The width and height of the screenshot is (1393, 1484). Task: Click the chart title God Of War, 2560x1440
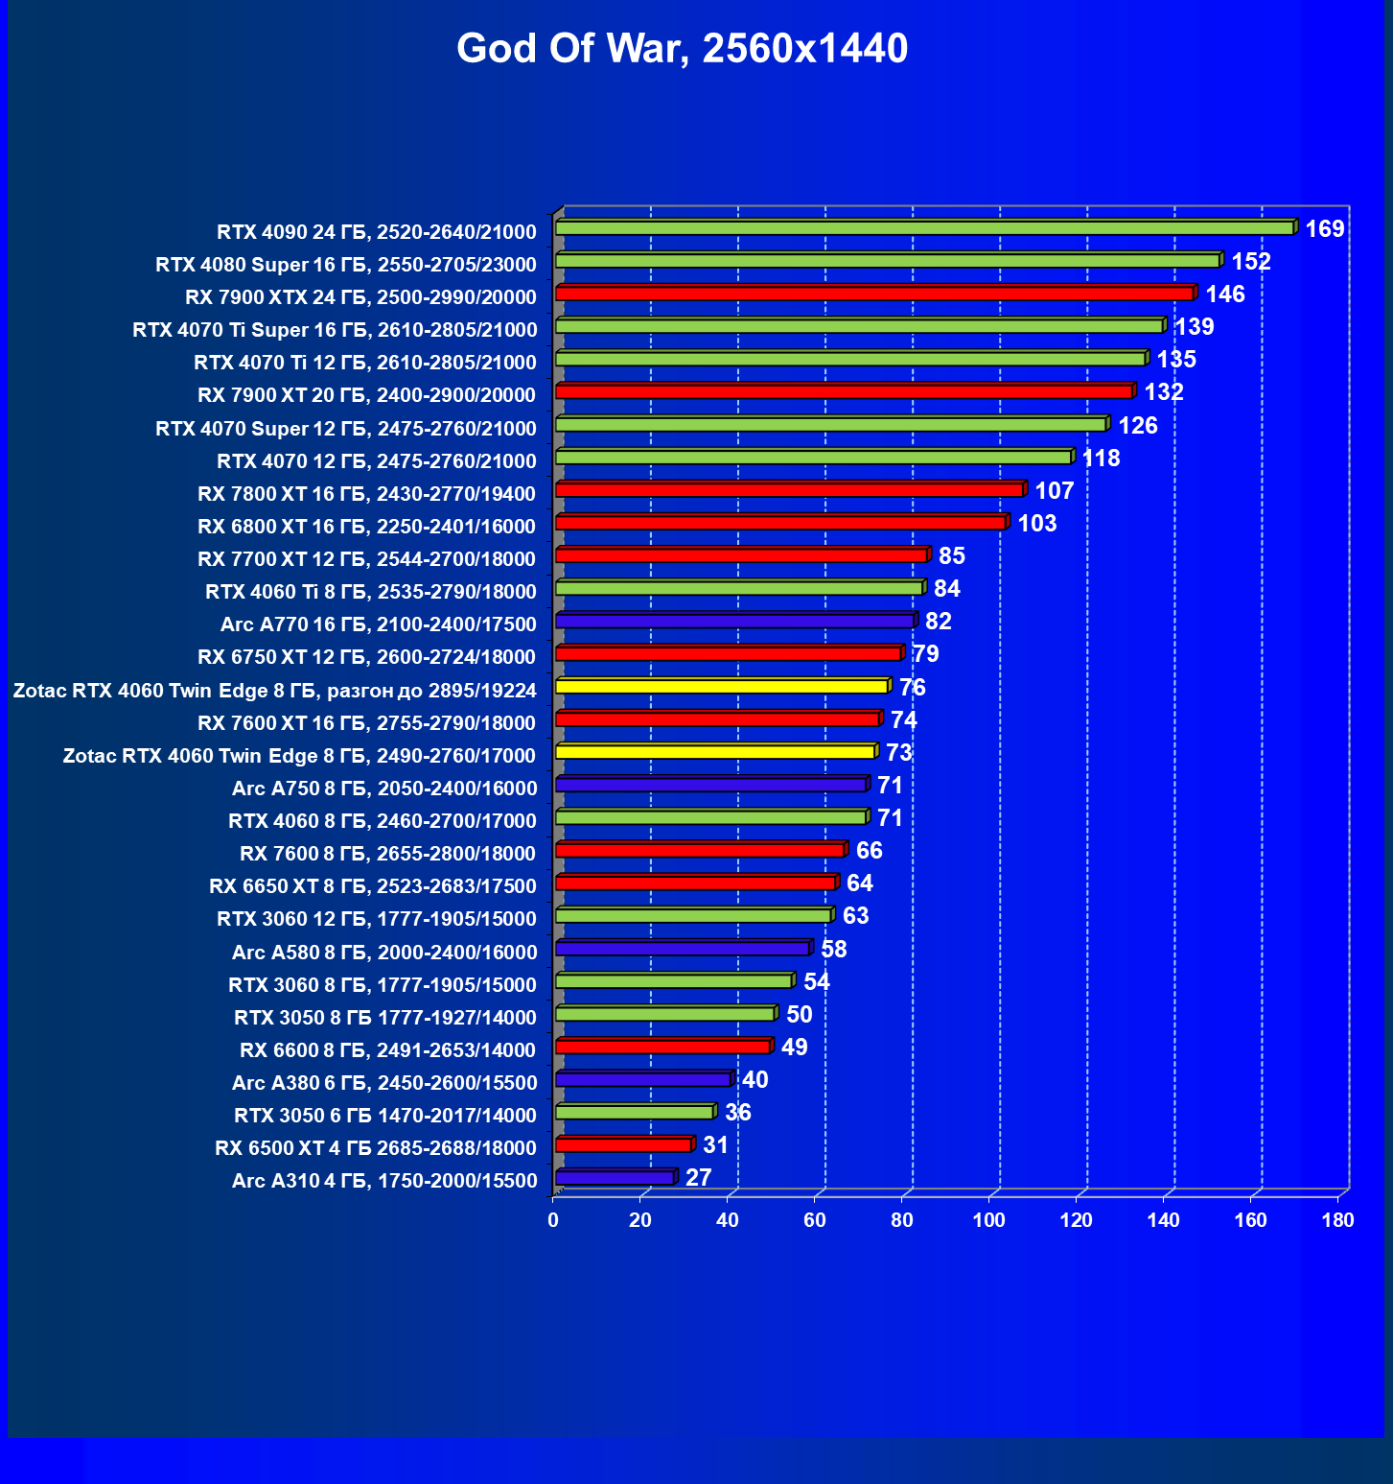[x=682, y=48]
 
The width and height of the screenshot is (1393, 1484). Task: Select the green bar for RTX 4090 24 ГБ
[x=924, y=228]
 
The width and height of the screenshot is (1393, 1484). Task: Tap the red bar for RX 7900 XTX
[x=874, y=294]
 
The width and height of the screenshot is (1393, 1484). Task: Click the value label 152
[x=1251, y=262]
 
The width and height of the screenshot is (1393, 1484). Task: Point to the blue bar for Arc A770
[x=734, y=622]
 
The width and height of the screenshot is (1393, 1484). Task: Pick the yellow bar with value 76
[x=722, y=687]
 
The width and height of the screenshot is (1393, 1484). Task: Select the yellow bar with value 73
[x=715, y=752]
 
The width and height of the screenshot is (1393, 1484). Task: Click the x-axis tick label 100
[x=989, y=1220]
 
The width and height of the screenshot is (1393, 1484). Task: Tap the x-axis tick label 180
[x=1337, y=1220]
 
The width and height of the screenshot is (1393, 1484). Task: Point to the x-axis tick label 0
[x=553, y=1220]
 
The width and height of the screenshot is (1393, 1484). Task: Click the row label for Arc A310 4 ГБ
[x=384, y=1181]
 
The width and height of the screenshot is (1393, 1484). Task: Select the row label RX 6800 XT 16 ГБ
[x=366, y=527]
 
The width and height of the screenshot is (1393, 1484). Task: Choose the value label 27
[x=699, y=1178]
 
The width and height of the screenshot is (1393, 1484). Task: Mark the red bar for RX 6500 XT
[x=623, y=1144]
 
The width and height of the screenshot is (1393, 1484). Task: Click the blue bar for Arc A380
[x=643, y=1079]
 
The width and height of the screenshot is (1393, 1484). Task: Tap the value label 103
[x=1037, y=524]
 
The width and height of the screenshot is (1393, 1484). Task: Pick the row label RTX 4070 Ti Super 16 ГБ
[x=335, y=330]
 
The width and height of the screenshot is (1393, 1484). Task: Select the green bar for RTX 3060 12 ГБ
[x=693, y=916]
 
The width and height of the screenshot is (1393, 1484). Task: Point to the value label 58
[x=834, y=950]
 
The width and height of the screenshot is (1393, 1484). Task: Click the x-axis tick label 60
[x=815, y=1220]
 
